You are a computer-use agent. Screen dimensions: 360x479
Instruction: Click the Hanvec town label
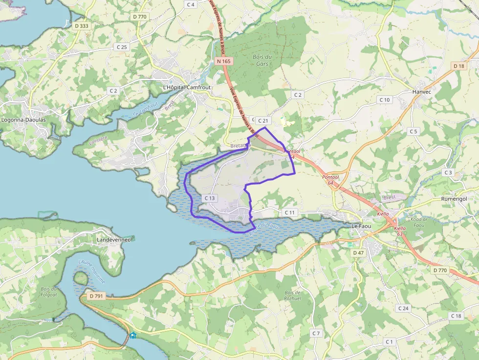pos(421,91)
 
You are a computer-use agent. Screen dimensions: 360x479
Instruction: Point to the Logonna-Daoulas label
pos(23,119)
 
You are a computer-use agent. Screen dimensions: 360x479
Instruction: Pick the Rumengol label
pos(454,199)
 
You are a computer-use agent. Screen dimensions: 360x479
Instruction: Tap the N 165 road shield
pos(223,61)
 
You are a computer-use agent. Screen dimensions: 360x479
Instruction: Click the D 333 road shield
pos(82,25)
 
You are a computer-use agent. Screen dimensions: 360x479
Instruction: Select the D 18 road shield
pos(458,66)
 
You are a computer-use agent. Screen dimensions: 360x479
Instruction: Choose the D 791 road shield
pos(97,296)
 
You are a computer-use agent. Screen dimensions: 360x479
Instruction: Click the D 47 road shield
pos(358,253)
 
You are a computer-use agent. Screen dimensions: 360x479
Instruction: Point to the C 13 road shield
pos(209,198)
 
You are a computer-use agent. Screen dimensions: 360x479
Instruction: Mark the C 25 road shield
pos(122,47)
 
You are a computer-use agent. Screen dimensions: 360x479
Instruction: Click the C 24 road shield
pos(403,308)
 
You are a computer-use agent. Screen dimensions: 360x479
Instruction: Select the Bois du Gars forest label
pos(262,60)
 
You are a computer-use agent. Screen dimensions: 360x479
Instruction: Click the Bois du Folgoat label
pos(49,292)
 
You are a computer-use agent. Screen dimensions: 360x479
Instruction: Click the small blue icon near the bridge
pos(133,336)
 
